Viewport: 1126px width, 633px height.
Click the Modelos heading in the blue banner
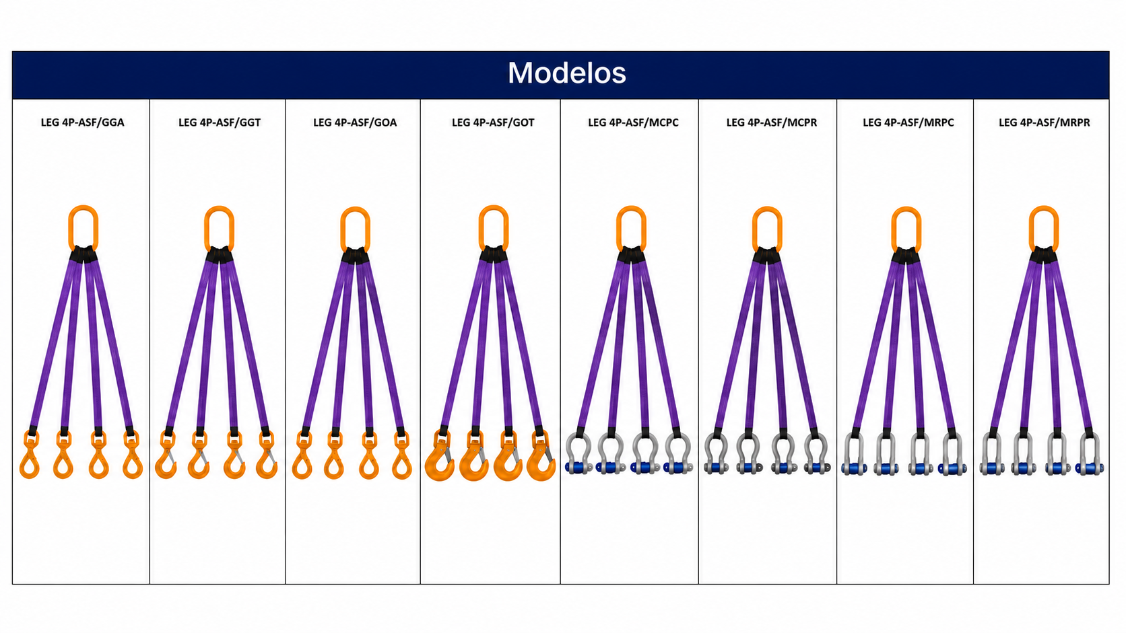[x=566, y=73]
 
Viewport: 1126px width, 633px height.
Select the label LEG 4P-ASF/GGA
[x=82, y=122]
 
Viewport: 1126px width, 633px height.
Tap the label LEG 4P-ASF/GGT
[x=220, y=122]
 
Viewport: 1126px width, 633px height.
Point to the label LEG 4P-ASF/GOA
[x=355, y=122]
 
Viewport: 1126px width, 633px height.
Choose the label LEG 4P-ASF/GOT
[x=493, y=122]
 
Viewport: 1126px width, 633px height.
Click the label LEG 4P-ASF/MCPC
[x=633, y=122]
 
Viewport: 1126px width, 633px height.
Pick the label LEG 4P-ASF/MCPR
[x=772, y=122]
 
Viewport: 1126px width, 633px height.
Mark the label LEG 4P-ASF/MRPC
[x=908, y=122]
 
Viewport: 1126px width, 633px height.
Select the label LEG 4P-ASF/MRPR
[x=1045, y=122]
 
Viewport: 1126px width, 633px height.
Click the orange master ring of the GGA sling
[x=70, y=229]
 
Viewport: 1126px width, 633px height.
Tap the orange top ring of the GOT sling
[x=481, y=229]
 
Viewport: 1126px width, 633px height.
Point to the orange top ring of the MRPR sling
[x=1032, y=229]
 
